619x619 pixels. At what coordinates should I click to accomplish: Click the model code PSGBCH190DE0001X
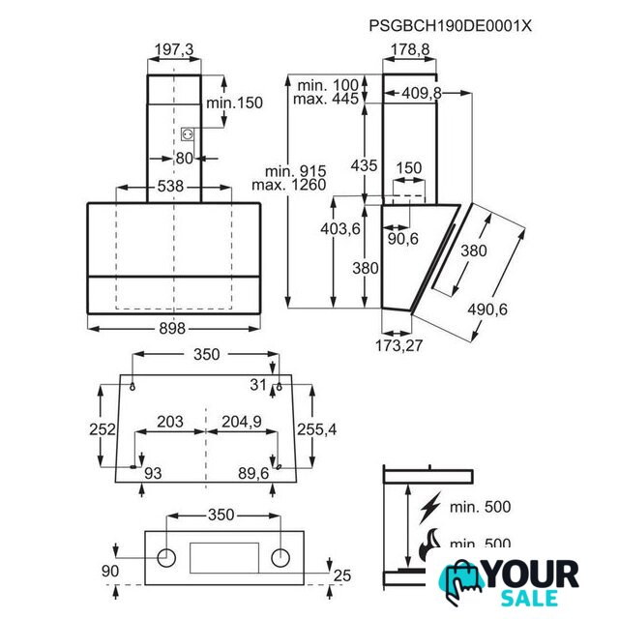click(450, 26)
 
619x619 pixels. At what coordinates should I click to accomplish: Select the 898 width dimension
click(172, 328)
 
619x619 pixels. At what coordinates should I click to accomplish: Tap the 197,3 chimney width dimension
click(174, 49)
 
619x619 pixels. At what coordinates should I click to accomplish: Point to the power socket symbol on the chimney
click(188, 134)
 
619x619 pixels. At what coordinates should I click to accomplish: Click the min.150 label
click(234, 103)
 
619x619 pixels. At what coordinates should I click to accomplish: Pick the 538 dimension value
click(170, 186)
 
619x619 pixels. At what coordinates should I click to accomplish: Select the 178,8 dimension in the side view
click(410, 49)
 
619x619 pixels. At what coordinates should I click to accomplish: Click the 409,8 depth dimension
click(422, 93)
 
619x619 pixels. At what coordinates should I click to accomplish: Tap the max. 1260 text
click(289, 185)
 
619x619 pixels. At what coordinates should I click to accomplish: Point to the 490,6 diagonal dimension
click(487, 309)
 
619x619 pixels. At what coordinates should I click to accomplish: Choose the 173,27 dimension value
click(398, 346)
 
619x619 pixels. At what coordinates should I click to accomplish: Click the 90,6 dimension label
click(402, 239)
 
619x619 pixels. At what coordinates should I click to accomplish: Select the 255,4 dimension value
click(316, 429)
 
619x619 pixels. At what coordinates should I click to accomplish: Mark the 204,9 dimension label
click(242, 422)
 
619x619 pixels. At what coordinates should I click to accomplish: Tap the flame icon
click(429, 544)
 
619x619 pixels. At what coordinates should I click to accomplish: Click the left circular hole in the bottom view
click(166, 558)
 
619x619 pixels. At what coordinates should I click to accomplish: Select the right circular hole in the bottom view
click(280, 558)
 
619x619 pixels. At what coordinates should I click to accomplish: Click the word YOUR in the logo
click(532, 575)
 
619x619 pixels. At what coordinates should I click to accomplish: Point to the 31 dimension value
click(258, 385)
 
